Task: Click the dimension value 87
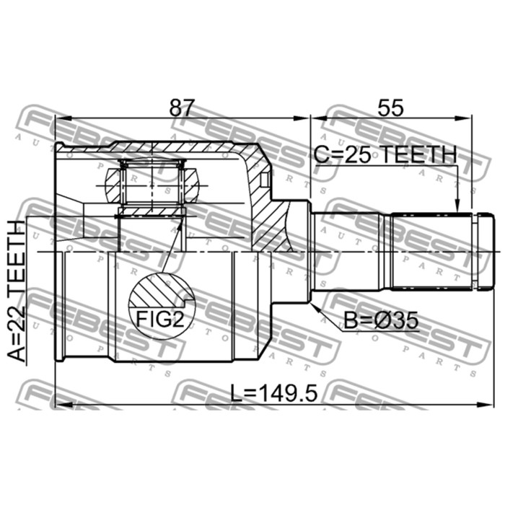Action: (183, 108)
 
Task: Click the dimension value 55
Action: (390, 108)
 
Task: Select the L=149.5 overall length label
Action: (274, 393)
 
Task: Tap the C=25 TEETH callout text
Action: (385, 154)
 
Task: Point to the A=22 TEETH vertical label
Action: (17, 291)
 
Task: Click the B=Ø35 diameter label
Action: (382, 320)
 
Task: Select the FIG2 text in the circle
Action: (160, 319)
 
